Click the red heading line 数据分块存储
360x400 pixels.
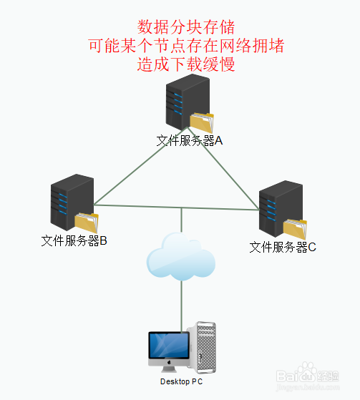click(x=186, y=27)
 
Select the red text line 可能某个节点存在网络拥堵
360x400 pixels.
click(x=186, y=46)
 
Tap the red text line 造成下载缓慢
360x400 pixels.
click(x=186, y=64)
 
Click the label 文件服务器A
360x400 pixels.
click(x=190, y=140)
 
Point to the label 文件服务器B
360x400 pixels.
click(x=74, y=240)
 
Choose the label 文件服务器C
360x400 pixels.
click(x=283, y=247)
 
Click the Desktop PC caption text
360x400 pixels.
click(x=181, y=381)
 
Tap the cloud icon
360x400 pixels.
click(x=181, y=256)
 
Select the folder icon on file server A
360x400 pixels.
click(x=202, y=122)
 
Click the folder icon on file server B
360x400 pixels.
click(x=87, y=223)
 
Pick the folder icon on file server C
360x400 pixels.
click(x=295, y=229)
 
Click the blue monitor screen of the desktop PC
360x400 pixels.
click(x=169, y=345)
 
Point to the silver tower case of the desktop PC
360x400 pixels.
click(x=203, y=348)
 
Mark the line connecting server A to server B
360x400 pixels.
click(x=140, y=166)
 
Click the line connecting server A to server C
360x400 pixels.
click(x=223, y=168)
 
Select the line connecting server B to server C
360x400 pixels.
click(x=177, y=208)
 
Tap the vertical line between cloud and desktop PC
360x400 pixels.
click(x=181, y=306)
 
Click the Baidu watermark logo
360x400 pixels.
click(x=308, y=376)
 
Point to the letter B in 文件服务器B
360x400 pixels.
click(x=103, y=240)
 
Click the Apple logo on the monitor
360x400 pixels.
click(x=169, y=362)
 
